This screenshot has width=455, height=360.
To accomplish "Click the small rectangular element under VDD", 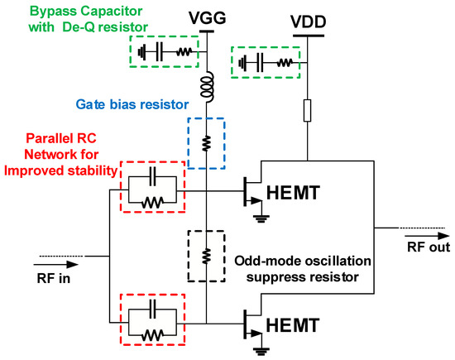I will pos(308,110).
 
